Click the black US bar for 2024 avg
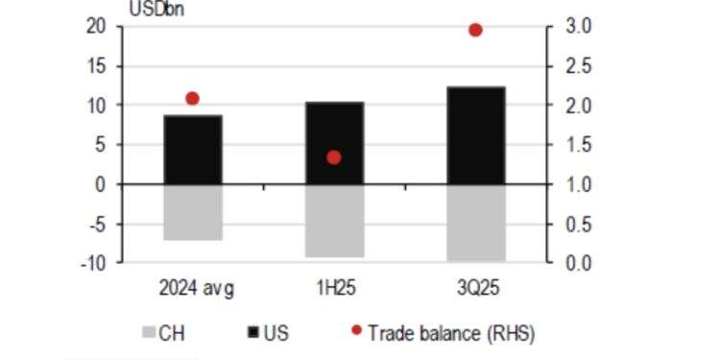click(193, 150)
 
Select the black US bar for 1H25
click(335, 143)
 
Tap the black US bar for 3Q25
click(476, 135)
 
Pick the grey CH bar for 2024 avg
click(193, 212)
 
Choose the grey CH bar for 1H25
click(335, 221)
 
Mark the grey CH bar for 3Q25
click(476, 223)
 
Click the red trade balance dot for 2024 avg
click(192, 99)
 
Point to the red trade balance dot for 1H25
click(334, 157)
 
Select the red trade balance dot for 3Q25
click(475, 31)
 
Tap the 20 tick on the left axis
click(96, 27)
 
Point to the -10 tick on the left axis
click(93, 262)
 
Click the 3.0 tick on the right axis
click(577, 27)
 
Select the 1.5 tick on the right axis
click(577, 145)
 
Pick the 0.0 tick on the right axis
click(577, 262)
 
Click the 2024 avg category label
click(195, 288)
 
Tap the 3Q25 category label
click(476, 288)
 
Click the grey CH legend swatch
click(148, 333)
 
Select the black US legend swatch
click(252, 333)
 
